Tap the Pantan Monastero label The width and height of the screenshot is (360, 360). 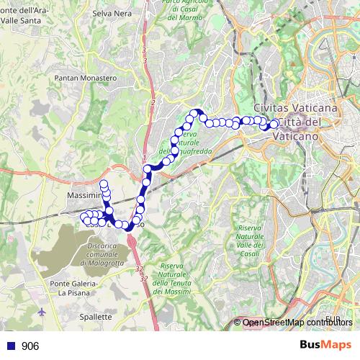(x=86, y=77)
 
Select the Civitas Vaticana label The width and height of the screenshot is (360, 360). (x=294, y=107)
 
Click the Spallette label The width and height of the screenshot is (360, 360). (x=95, y=316)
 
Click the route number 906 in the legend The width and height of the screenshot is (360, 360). (x=30, y=346)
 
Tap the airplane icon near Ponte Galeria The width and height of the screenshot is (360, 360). (x=42, y=312)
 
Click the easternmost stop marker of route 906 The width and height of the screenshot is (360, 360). (x=273, y=124)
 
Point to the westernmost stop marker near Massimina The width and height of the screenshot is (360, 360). (x=84, y=217)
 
